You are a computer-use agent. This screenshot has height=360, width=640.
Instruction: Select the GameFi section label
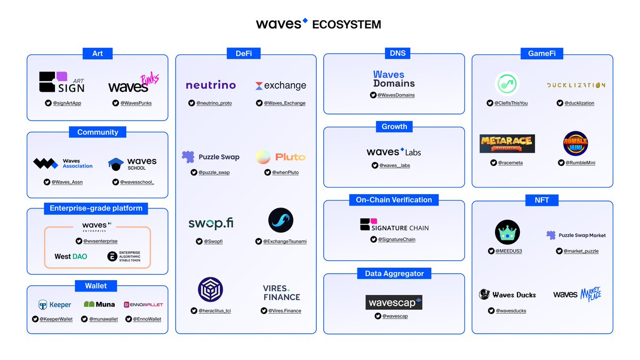click(542, 53)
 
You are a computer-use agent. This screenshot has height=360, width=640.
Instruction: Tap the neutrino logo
click(211, 85)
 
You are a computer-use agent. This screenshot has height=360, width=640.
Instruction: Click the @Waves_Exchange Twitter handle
click(284, 103)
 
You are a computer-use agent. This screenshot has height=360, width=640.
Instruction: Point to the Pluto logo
click(281, 157)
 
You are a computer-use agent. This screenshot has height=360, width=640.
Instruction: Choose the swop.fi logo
click(211, 223)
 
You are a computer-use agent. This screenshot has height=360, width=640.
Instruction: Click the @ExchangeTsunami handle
click(284, 241)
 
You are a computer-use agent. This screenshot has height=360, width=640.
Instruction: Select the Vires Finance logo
click(281, 293)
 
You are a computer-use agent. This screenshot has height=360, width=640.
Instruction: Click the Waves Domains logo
click(394, 79)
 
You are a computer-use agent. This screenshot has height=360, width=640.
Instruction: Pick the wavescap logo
click(394, 302)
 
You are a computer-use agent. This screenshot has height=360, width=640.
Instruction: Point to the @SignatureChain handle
click(396, 239)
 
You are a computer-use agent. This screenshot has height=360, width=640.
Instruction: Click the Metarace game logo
click(507, 143)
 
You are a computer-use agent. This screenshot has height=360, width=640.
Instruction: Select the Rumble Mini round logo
click(575, 143)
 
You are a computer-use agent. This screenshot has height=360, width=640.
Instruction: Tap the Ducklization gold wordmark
click(576, 85)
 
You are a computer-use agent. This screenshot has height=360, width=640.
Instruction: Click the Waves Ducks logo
click(507, 294)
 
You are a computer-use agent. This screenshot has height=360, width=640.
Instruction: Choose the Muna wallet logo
click(99, 305)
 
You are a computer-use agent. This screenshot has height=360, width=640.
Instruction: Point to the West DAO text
click(70, 257)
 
